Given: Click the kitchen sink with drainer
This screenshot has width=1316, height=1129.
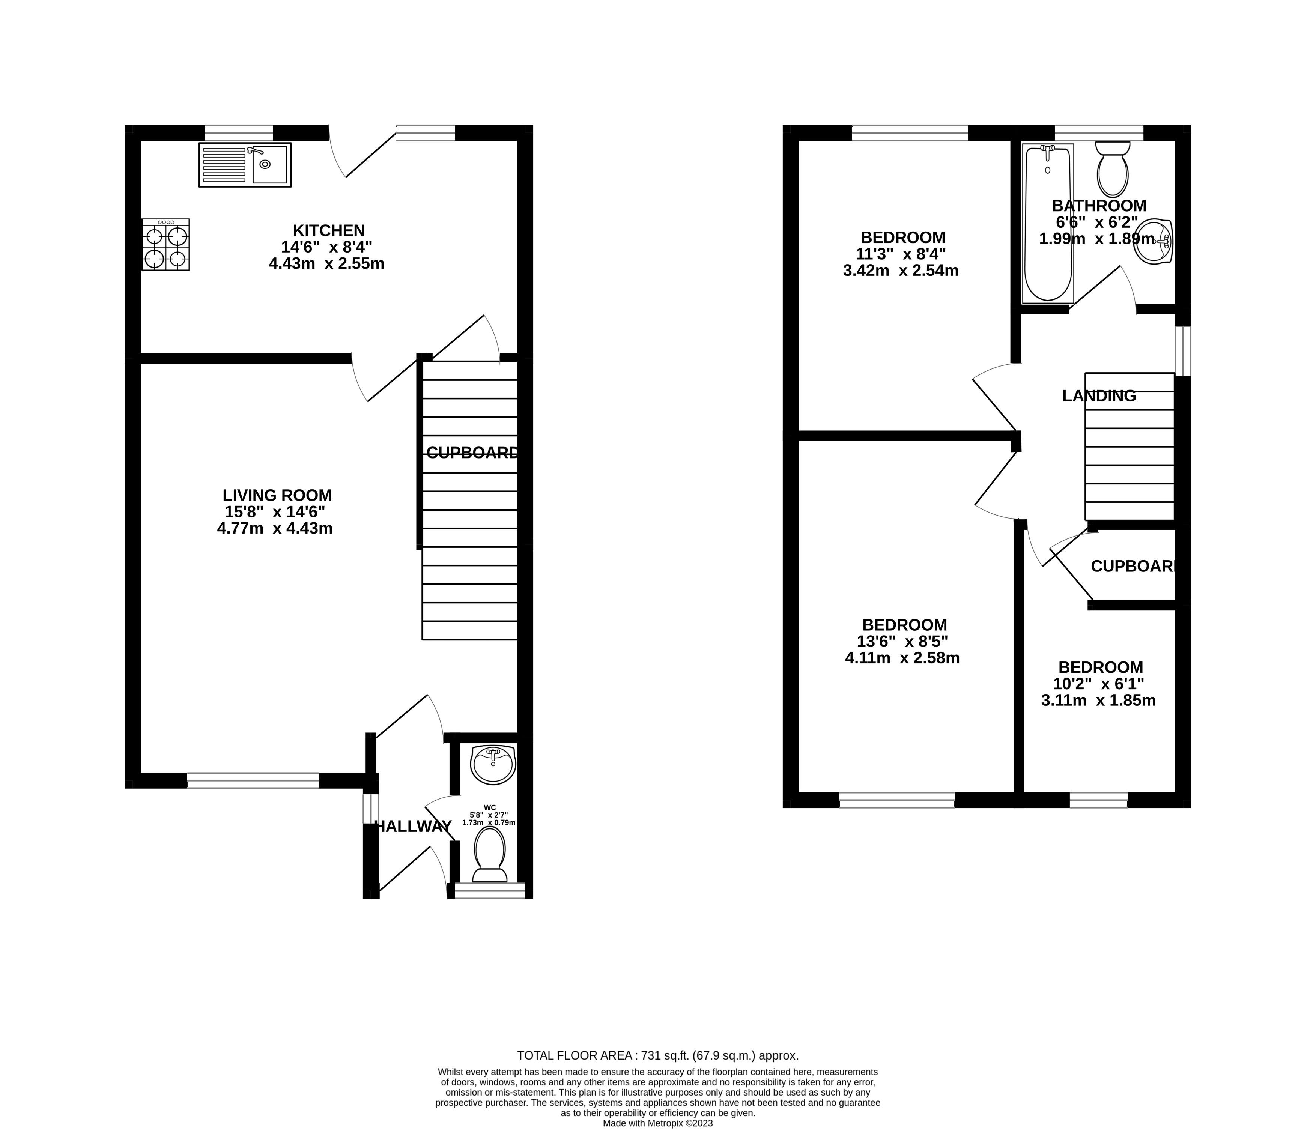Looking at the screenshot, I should point(245,164).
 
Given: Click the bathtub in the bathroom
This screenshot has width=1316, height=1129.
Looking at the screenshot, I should point(1047,224).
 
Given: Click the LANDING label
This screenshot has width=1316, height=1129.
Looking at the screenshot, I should point(1099,395).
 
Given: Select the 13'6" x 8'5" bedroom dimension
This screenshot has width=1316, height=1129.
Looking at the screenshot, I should point(904,641).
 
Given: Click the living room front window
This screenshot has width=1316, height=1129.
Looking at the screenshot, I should point(253,780).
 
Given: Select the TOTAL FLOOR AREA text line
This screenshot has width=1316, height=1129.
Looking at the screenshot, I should point(657,1055).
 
